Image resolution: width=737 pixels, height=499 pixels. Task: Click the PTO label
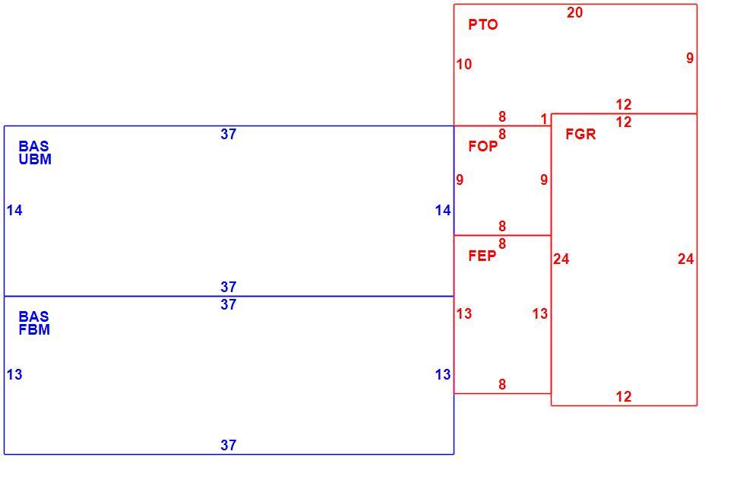(x=482, y=24)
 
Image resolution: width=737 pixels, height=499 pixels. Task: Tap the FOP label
(x=482, y=146)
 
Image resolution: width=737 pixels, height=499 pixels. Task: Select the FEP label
(x=482, y=256)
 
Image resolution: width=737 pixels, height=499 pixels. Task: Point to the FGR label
(x=580, y=134)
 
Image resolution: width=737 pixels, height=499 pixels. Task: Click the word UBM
(x=35, y=159)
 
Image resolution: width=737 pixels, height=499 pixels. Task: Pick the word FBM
(x=34, y=329)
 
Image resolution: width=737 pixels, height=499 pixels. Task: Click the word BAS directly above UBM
(x=33, y=146)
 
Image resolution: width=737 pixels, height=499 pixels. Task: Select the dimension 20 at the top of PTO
(x=575, y=13)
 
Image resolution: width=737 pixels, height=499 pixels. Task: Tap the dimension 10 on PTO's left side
(x=464, y=64)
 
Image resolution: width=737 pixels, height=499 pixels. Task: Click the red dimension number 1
(x=544, y=119)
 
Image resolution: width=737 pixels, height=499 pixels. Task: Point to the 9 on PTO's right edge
(x=690, y=58)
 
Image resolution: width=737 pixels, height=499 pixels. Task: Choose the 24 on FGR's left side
(x=561, y=259)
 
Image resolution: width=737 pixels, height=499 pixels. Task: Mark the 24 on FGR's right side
(x=686, y=259)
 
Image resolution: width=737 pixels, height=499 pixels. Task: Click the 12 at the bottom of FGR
(x=624, y=396)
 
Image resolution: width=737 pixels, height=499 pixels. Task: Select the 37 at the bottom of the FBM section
(x=229, y=445)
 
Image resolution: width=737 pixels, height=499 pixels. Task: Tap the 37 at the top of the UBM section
(x=229, y=134)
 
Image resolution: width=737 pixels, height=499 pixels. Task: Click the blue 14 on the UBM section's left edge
(x=14, y=210)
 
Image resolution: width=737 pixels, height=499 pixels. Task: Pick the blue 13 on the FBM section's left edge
(x=14, y=374)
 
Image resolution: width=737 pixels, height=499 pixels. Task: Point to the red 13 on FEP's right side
(x=540, y=313)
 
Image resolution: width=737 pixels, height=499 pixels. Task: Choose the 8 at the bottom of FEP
(x=502, y=385)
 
